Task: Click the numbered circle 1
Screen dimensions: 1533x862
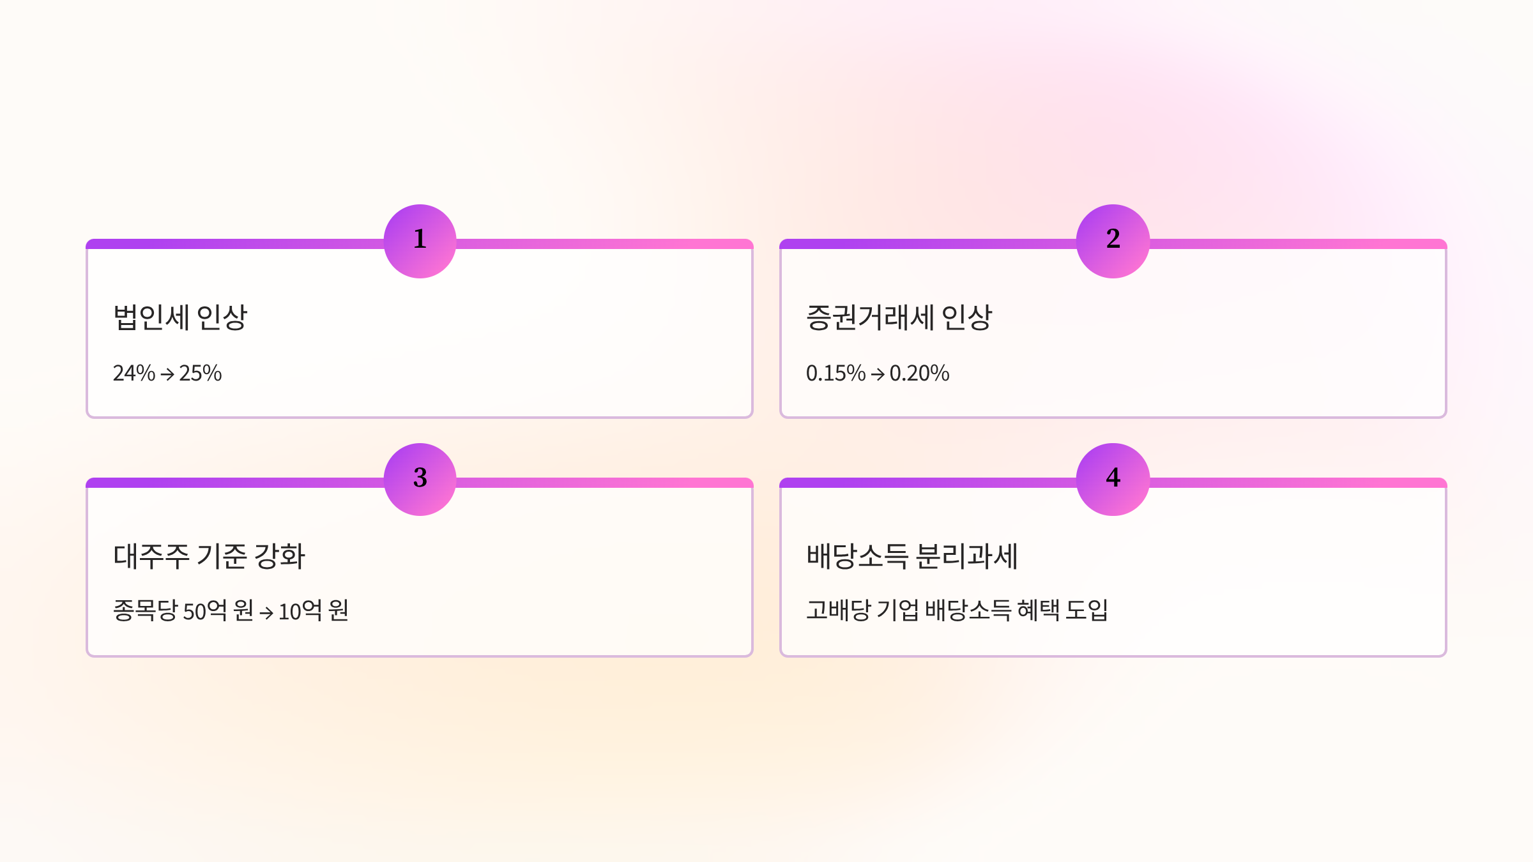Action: click(420, 241)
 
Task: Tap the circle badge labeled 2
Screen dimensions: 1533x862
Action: click(1113, 241)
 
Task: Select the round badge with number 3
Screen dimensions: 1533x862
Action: click(420, 480)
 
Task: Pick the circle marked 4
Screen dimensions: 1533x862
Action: click(1113, 480)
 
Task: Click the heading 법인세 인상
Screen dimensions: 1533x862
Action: click(179, 317)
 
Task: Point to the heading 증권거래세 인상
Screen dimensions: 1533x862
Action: click(899, 317)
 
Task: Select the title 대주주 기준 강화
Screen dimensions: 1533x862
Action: click(209, 556)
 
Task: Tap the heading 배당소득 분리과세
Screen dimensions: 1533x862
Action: click(911, 556)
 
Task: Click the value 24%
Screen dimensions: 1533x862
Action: click(134, 373)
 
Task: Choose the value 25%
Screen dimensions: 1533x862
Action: click(201, 373)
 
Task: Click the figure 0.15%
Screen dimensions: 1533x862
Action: click(835, 373)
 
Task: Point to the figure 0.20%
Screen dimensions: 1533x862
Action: click(919, 373)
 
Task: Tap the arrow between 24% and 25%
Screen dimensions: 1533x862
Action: click(167, 374)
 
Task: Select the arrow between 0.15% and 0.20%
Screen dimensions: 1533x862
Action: click(878, 374)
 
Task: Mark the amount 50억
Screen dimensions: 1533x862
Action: click(205, 611)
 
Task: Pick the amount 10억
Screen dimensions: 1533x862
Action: click(300, 611)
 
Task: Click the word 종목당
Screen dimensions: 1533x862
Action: click(145, 611)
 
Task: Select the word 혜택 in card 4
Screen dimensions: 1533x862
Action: click(1038, 610)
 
